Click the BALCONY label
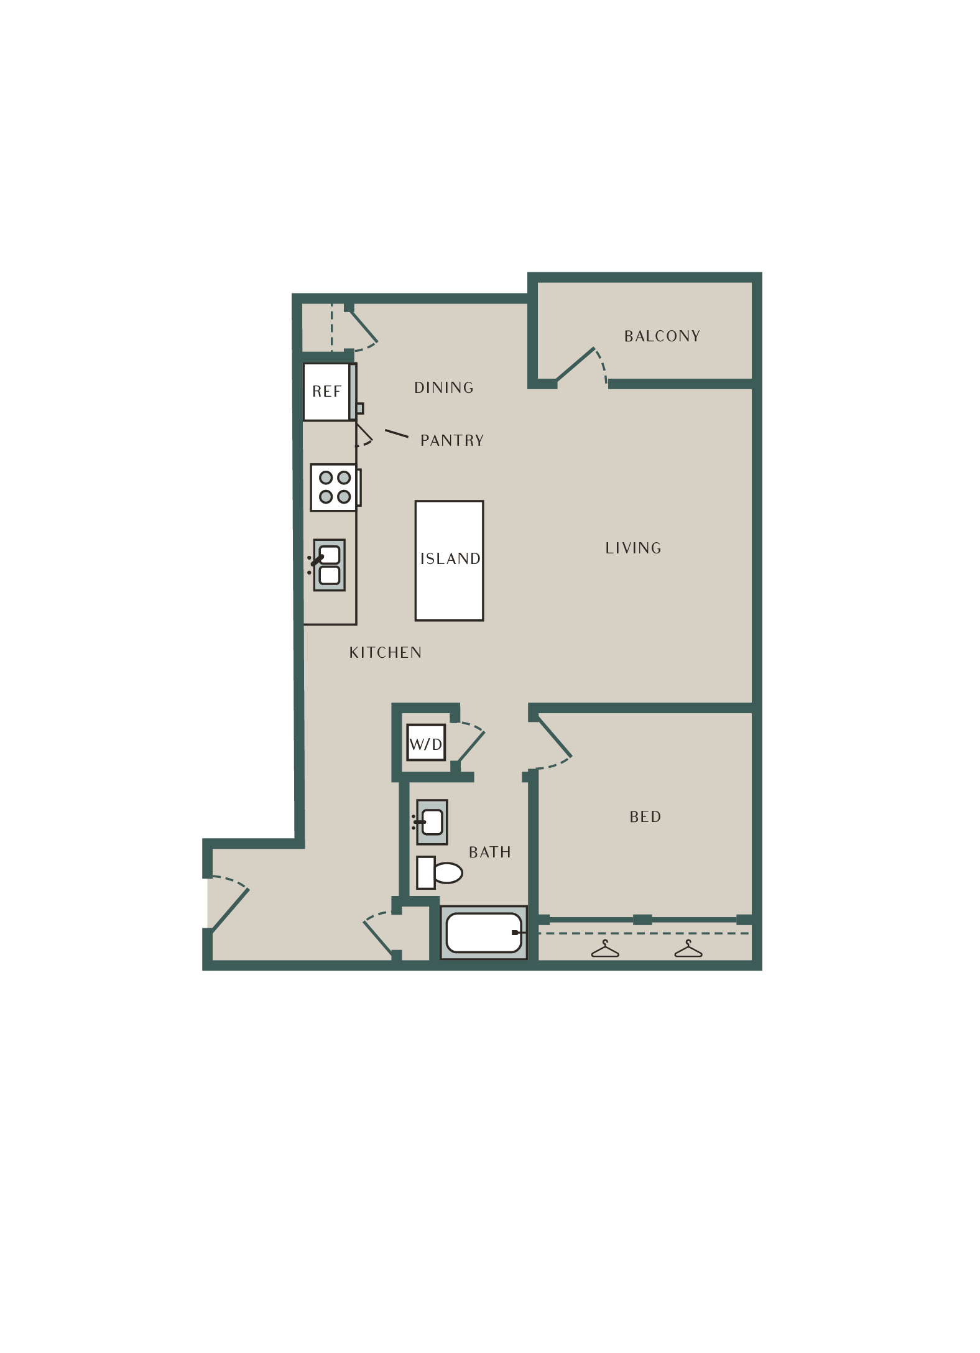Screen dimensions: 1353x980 coord(662,336)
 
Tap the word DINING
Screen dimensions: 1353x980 coord(444,388)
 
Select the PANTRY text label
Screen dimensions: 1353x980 coord(452,441)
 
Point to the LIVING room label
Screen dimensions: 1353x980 coord(634,548)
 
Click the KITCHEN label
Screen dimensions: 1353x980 coord(386,653)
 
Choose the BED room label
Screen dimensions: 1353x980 coord(645,817)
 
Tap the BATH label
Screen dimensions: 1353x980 coord(490,852)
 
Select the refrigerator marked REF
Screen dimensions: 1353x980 coord(327,392)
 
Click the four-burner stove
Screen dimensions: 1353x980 coord(334,487)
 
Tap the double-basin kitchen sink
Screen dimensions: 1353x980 coord(329,565)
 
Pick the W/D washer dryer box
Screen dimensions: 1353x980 coord(426,742)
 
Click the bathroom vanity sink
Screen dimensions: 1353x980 coord(432,822)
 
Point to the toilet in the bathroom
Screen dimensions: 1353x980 coord(441,872)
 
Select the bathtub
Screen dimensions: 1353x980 coord(483,933)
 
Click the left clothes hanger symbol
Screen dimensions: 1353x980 coord(605,949)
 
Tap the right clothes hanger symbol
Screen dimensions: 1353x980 coord(688,949)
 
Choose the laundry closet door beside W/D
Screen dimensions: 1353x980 coord(469,744)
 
